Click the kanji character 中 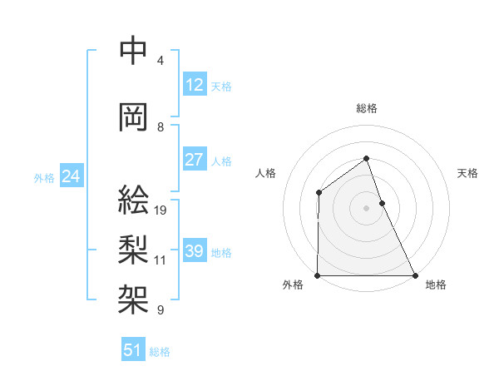coord(134,52)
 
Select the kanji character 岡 coord(134,117)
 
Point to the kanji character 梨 coord(134,247)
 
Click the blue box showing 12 coord(195,85)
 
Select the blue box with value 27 coord(195,160)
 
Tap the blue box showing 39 coord(195,251)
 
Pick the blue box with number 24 coord(71,176)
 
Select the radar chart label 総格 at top coord(366,108)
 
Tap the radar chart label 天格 coord(468,173)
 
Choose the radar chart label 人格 coord(265,173)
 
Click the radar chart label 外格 coord(293,285)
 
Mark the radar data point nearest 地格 coord(415,275)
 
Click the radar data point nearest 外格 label coord(318,275)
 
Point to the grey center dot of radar coord(366,208)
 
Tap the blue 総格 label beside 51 coord(160,352)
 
